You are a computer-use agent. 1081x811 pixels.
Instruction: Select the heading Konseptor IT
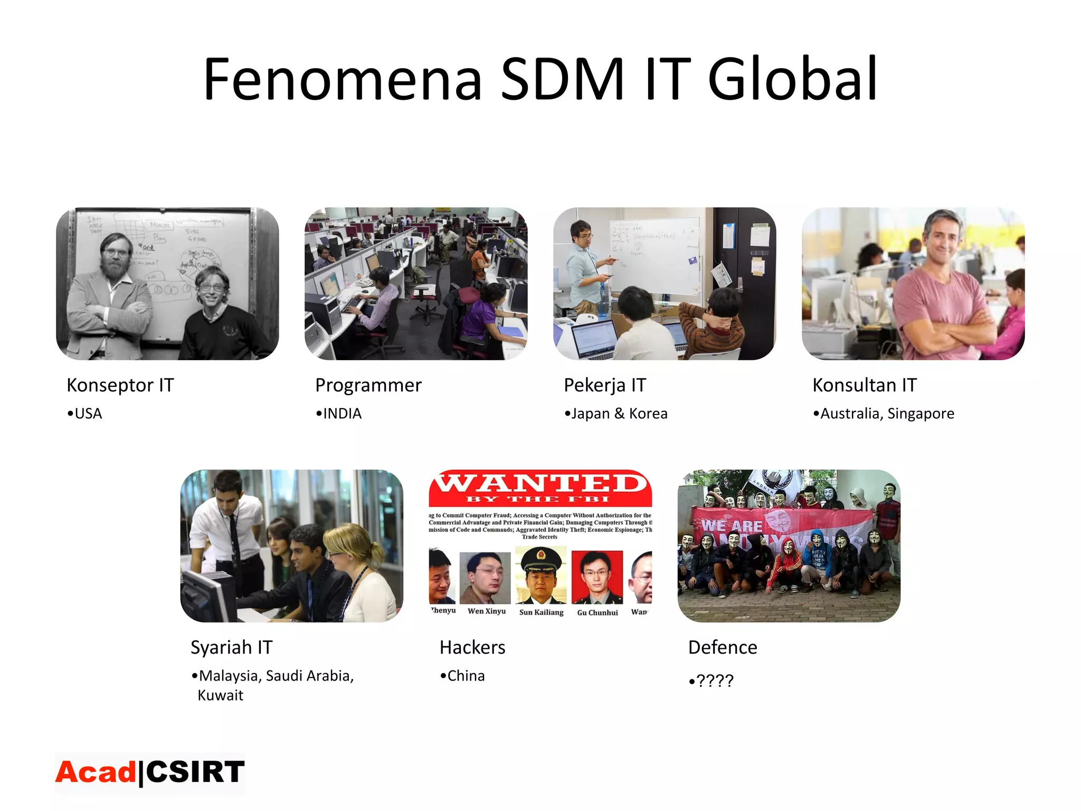click(x=120, y=385)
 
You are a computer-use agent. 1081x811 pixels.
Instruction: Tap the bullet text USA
click(x=88, y=413)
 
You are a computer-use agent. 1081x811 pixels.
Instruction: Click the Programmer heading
click(x=368, y=385)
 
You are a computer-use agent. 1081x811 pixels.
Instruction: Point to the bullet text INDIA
click(x=342, y=413)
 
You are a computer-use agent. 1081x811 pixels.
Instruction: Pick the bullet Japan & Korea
click(x=619, y=413)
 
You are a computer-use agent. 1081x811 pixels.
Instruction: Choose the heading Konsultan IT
click(x=865, y=385)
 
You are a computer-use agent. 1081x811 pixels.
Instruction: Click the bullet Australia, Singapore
click(x=887, y=413)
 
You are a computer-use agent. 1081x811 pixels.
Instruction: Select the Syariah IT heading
click(x=232, y=647)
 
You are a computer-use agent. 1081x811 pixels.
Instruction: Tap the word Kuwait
click(x=221, y=695)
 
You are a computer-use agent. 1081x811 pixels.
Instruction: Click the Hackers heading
click(x=472, y=647)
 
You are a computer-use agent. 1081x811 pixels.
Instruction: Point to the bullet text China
click(x=466, y=676)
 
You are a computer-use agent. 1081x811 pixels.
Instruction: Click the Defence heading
click(x=723, y=647)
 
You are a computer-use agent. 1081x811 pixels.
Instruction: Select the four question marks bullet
click(x=715, y=681)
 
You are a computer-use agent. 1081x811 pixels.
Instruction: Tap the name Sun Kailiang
click(x=541, y=612)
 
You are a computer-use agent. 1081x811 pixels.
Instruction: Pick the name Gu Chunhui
click(x=598, y=612)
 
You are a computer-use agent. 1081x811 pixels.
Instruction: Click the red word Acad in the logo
click(x=96, y=772)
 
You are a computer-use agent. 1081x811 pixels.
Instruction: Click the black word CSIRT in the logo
click(x=195, y=772)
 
